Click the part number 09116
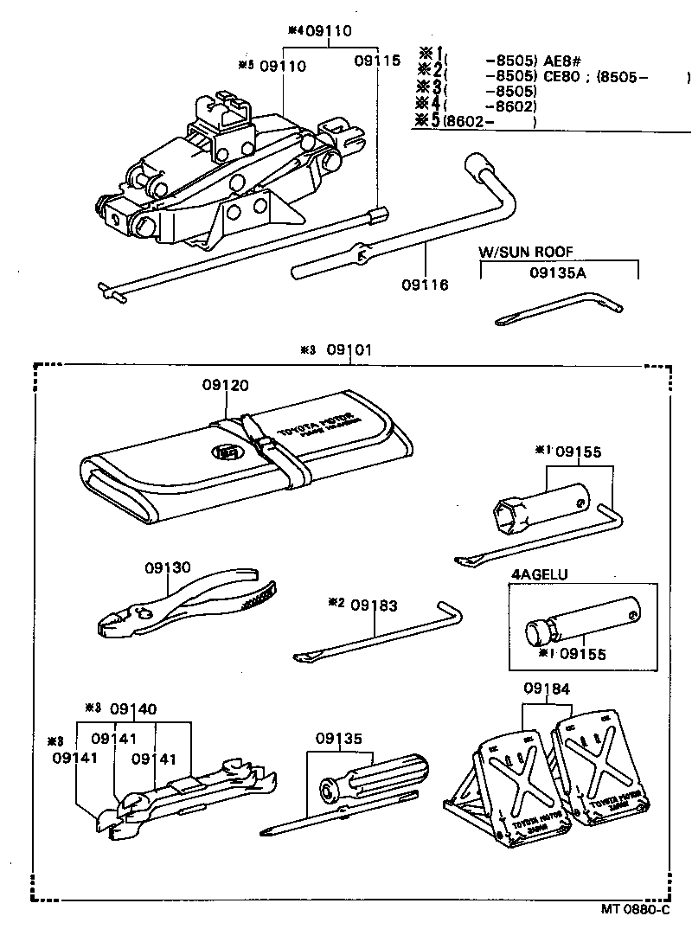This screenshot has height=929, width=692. tap(424, 284)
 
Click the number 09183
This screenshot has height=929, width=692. tap(375, 605)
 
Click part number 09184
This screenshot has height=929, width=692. tap(546, 689)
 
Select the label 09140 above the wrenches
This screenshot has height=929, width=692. tap(132, 709)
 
